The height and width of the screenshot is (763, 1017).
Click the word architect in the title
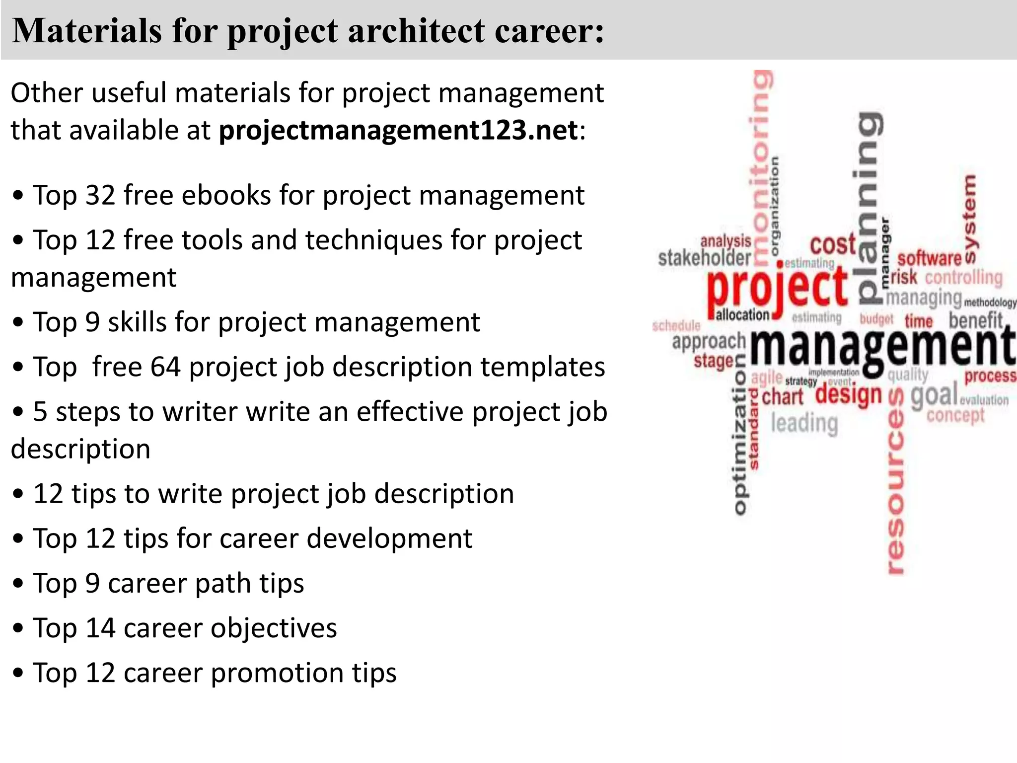tap(415, 31)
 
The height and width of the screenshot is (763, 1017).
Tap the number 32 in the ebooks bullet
tap(100, 195)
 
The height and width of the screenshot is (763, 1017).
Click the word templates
tap(543, 367)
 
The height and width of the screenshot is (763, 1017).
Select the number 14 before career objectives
tap(100, 628)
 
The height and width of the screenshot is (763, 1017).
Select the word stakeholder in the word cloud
tap(704, 258)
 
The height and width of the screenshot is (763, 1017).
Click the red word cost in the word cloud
tap(833, 244)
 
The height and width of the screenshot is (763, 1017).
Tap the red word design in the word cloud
tap(849, 395)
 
